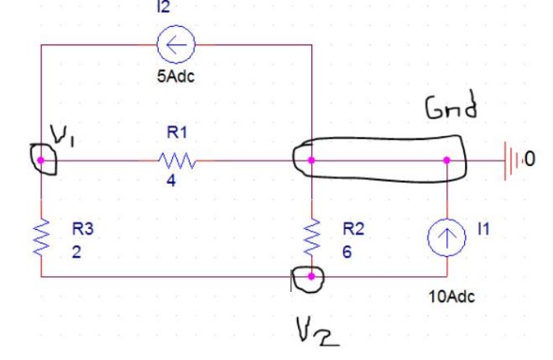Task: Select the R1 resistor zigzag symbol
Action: pyautogui.click(x=177, y=159)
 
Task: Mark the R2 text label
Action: pyautogui.click(x=352, y=227)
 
